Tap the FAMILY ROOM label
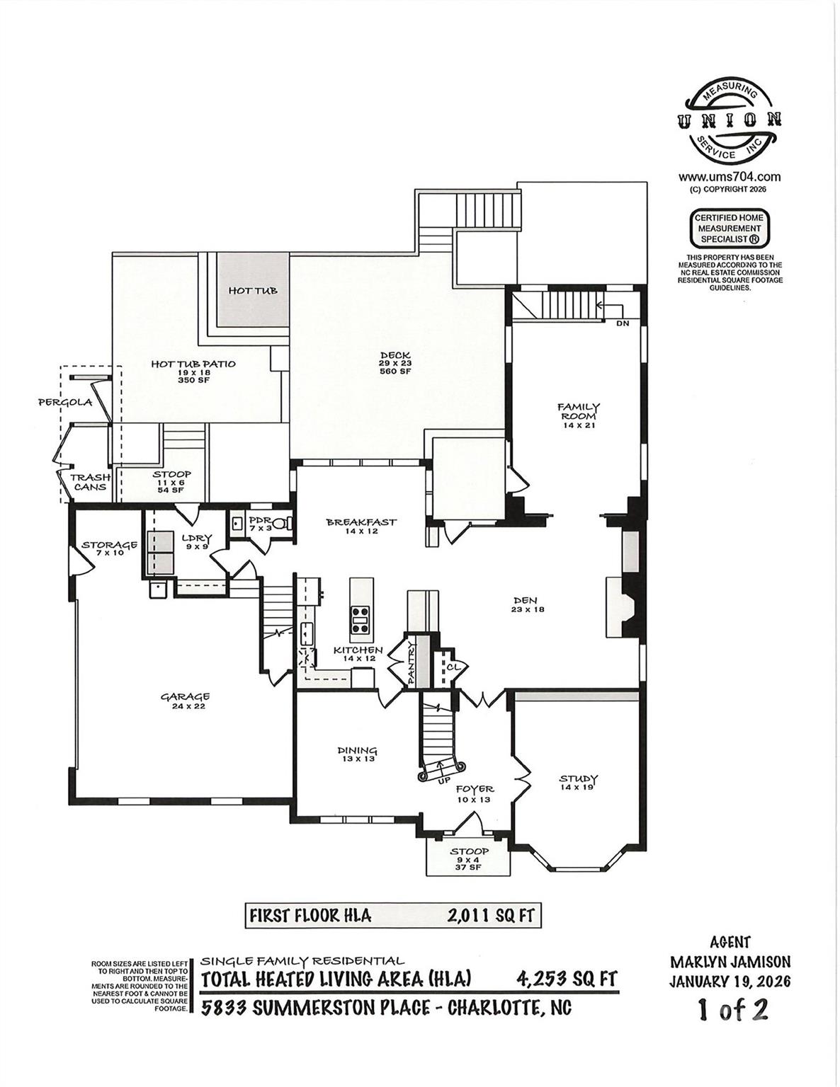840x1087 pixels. click(579, 411)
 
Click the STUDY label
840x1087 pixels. click(579, 779)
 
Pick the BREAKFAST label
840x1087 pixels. click(361, 522)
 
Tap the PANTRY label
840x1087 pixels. click(412, 663)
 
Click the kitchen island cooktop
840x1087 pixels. click(360, 621)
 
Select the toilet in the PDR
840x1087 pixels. click(283, 523)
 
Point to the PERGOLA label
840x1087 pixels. click(66, 402)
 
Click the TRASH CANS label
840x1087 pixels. click(90, 482)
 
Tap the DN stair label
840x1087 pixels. click(623, 323)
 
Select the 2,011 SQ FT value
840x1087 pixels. click(491, 916)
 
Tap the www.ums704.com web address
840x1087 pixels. click(730, 177)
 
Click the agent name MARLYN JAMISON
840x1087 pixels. click(730, 962)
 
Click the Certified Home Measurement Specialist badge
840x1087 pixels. click(730, 228)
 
